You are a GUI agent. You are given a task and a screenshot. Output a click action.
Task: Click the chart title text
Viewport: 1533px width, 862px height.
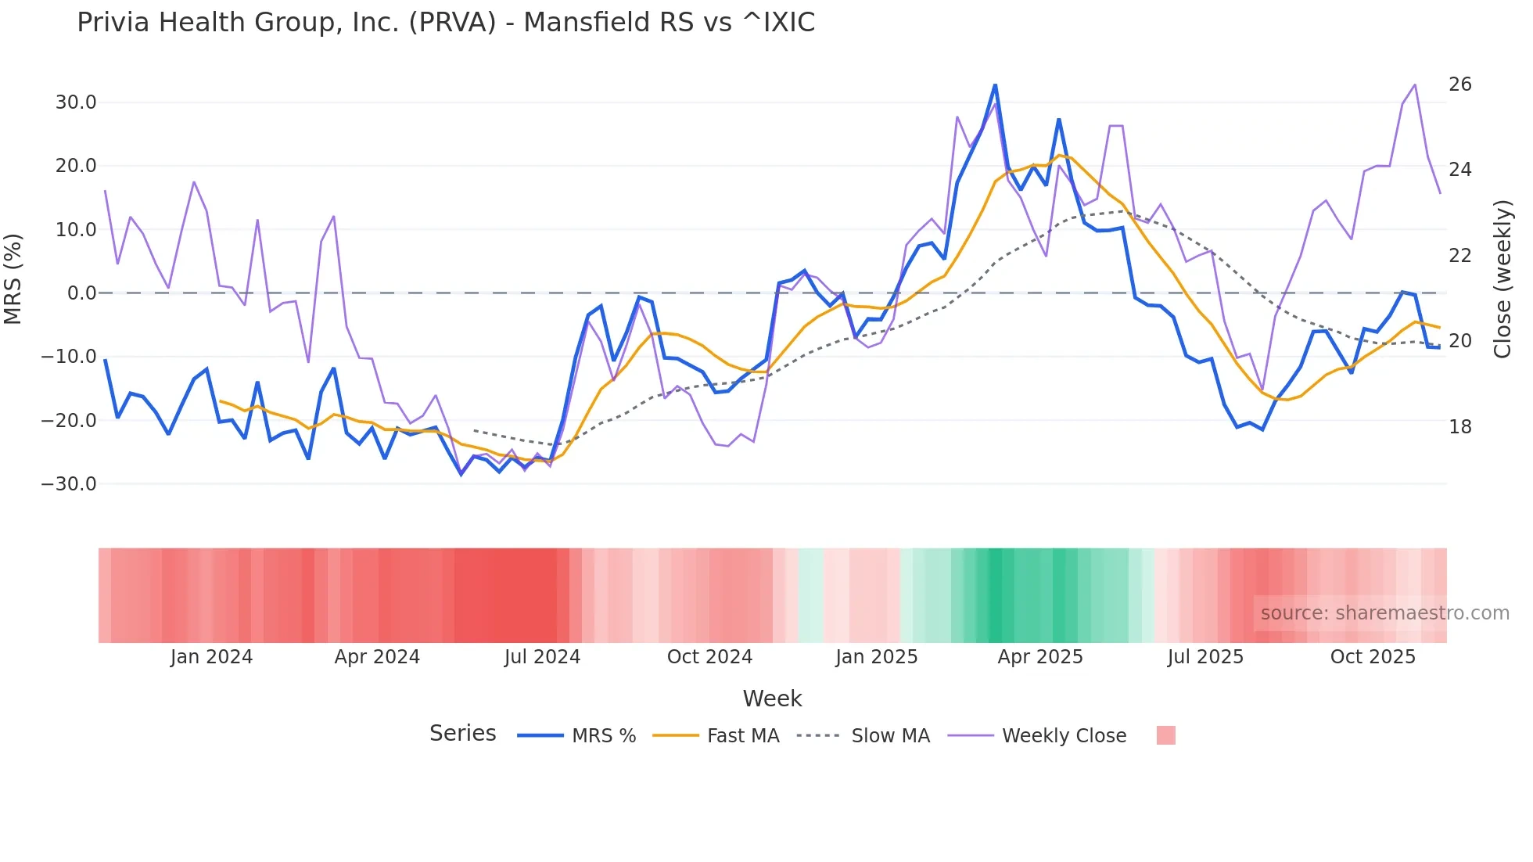[446, 23]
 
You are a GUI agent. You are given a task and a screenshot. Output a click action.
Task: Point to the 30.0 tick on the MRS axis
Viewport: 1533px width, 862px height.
[76, 102]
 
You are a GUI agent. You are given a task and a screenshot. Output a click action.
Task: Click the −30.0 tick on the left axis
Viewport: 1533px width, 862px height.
[69, 484]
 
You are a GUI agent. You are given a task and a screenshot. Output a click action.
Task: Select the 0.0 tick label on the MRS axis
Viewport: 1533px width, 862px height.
[81, 293]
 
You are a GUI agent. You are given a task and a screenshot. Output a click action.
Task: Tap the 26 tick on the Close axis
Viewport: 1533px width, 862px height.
[1459, 84]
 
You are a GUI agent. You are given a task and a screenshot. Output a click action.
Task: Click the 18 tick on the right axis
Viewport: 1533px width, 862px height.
[1459, 427]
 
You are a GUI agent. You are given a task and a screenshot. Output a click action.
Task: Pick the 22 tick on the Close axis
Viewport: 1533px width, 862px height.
[1459, 256]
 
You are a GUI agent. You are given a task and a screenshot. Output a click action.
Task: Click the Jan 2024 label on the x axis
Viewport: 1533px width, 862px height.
[211, 657]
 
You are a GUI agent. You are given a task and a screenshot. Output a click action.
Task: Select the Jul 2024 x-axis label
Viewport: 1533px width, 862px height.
[542, 657]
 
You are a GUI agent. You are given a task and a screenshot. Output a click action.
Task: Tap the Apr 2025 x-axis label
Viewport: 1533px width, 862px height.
[1040, 657]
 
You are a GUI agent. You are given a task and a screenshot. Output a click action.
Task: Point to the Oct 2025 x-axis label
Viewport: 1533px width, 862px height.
[1373, 657]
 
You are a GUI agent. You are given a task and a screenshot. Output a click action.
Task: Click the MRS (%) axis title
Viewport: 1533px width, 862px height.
[13, 278]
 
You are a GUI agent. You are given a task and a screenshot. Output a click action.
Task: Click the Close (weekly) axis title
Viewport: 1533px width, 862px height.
[1502, 279]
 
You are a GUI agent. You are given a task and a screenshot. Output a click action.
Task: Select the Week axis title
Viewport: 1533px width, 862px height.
[772, 699]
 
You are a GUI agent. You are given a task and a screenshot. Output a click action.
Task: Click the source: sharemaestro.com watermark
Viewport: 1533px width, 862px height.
[1384, 613]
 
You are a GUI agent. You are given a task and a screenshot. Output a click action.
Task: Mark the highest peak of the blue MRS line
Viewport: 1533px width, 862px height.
[995, 85]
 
